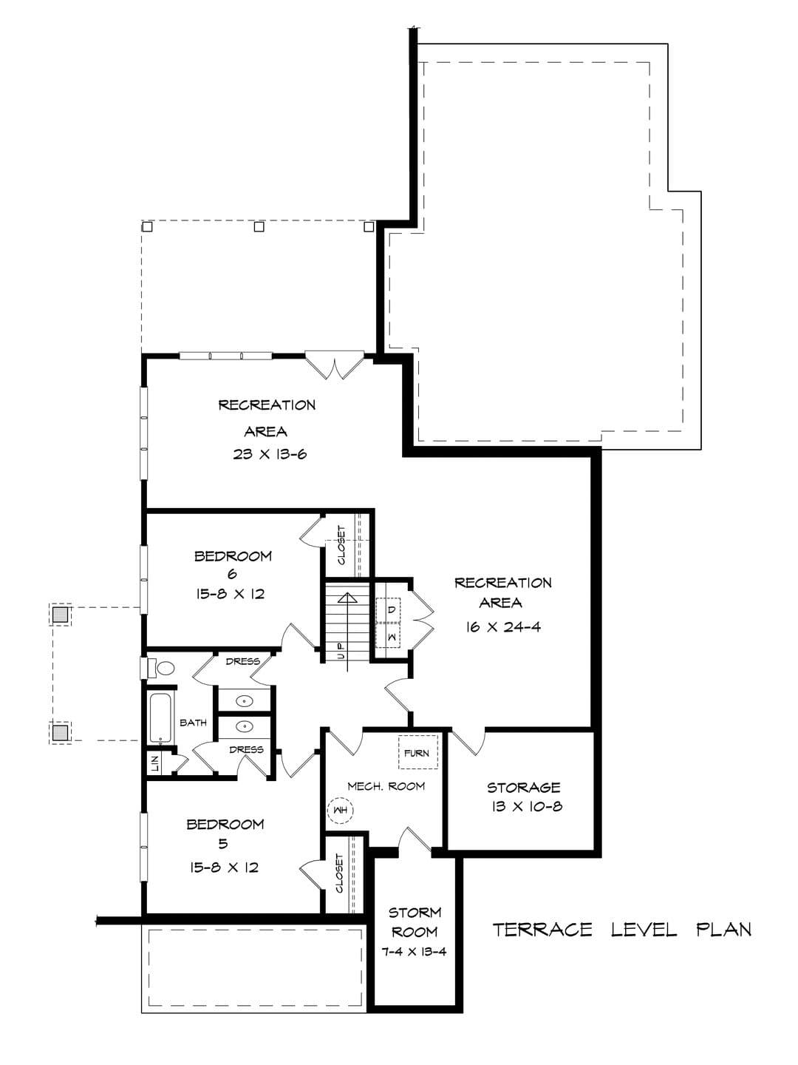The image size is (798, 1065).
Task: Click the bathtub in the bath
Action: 160,719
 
